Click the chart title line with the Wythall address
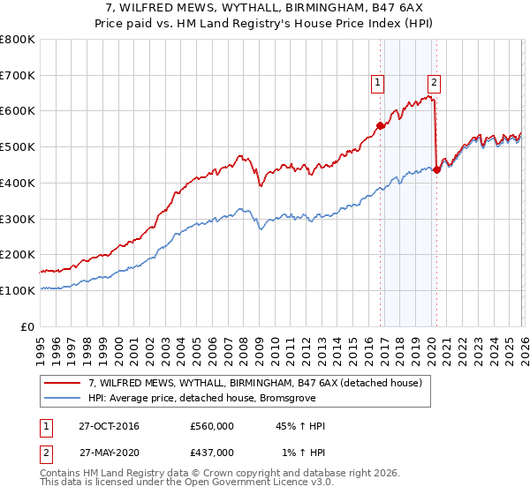pos(265,8)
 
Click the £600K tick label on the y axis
pos(18,111)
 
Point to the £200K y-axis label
pos(18,255)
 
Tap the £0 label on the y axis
pos(28,326)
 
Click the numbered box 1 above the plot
pos(377,84)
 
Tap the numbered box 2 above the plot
pos(434,84)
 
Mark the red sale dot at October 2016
pos(381,125)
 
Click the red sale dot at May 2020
pos(437,169)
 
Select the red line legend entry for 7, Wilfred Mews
pos(255,383)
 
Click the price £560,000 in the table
pos(212,426)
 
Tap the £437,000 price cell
pos(212,452)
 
